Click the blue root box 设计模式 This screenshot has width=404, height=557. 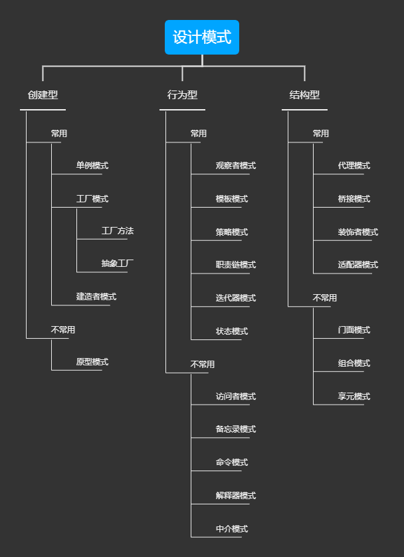202,37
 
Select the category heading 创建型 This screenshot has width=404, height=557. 43,95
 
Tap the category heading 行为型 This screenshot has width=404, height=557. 182,95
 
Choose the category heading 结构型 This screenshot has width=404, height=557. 304,95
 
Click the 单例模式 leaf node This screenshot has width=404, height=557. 92,166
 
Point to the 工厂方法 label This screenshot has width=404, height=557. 117,231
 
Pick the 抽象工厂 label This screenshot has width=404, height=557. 117,264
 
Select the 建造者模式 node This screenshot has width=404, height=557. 96,297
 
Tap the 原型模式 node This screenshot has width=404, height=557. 92,362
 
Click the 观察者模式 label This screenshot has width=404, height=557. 235,166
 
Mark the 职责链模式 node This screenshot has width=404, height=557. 235,265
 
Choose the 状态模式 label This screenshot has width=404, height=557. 231,331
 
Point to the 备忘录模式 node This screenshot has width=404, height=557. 235,429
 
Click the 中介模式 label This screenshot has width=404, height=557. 231,529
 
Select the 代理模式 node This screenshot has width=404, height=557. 353,166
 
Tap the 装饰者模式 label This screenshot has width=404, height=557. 357,232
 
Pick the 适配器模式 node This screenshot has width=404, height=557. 357,265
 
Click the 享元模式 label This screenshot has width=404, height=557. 353,397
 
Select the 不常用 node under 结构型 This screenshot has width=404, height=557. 324,298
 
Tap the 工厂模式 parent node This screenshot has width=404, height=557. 92,199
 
